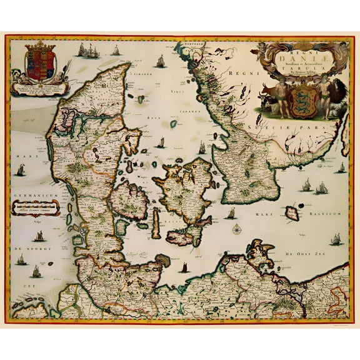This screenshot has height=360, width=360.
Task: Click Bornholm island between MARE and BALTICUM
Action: (x=292, y=215)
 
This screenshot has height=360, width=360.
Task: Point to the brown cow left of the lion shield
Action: (x=268, y=99)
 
